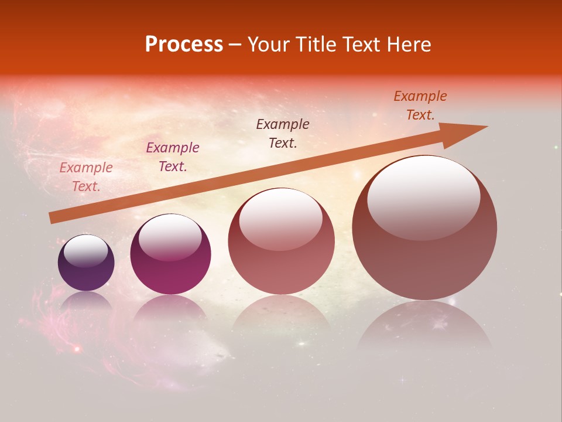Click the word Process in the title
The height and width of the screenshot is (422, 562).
[184, 45]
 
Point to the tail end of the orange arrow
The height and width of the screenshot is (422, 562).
[53, 218]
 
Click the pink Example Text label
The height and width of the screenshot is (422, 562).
[86, 177]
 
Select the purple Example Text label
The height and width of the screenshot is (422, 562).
[173, 157]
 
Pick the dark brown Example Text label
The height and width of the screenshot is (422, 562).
[283, 134]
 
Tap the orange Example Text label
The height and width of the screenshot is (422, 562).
[420, 105]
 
